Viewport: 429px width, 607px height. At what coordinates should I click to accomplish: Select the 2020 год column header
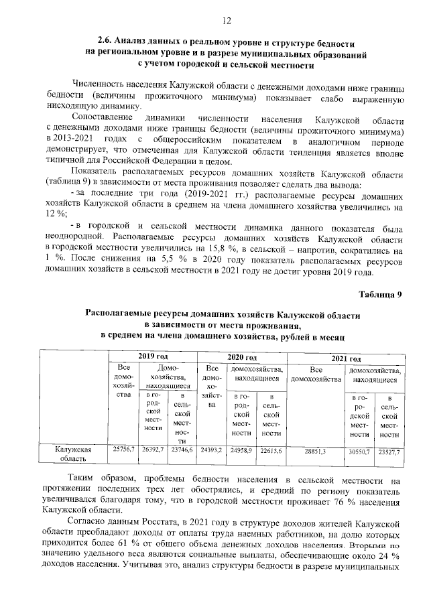(242, 358)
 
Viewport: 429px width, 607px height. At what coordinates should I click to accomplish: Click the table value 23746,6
(182, 450)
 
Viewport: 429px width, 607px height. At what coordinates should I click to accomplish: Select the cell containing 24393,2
(212, 450)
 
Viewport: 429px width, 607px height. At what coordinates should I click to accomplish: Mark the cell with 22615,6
(271, 450)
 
